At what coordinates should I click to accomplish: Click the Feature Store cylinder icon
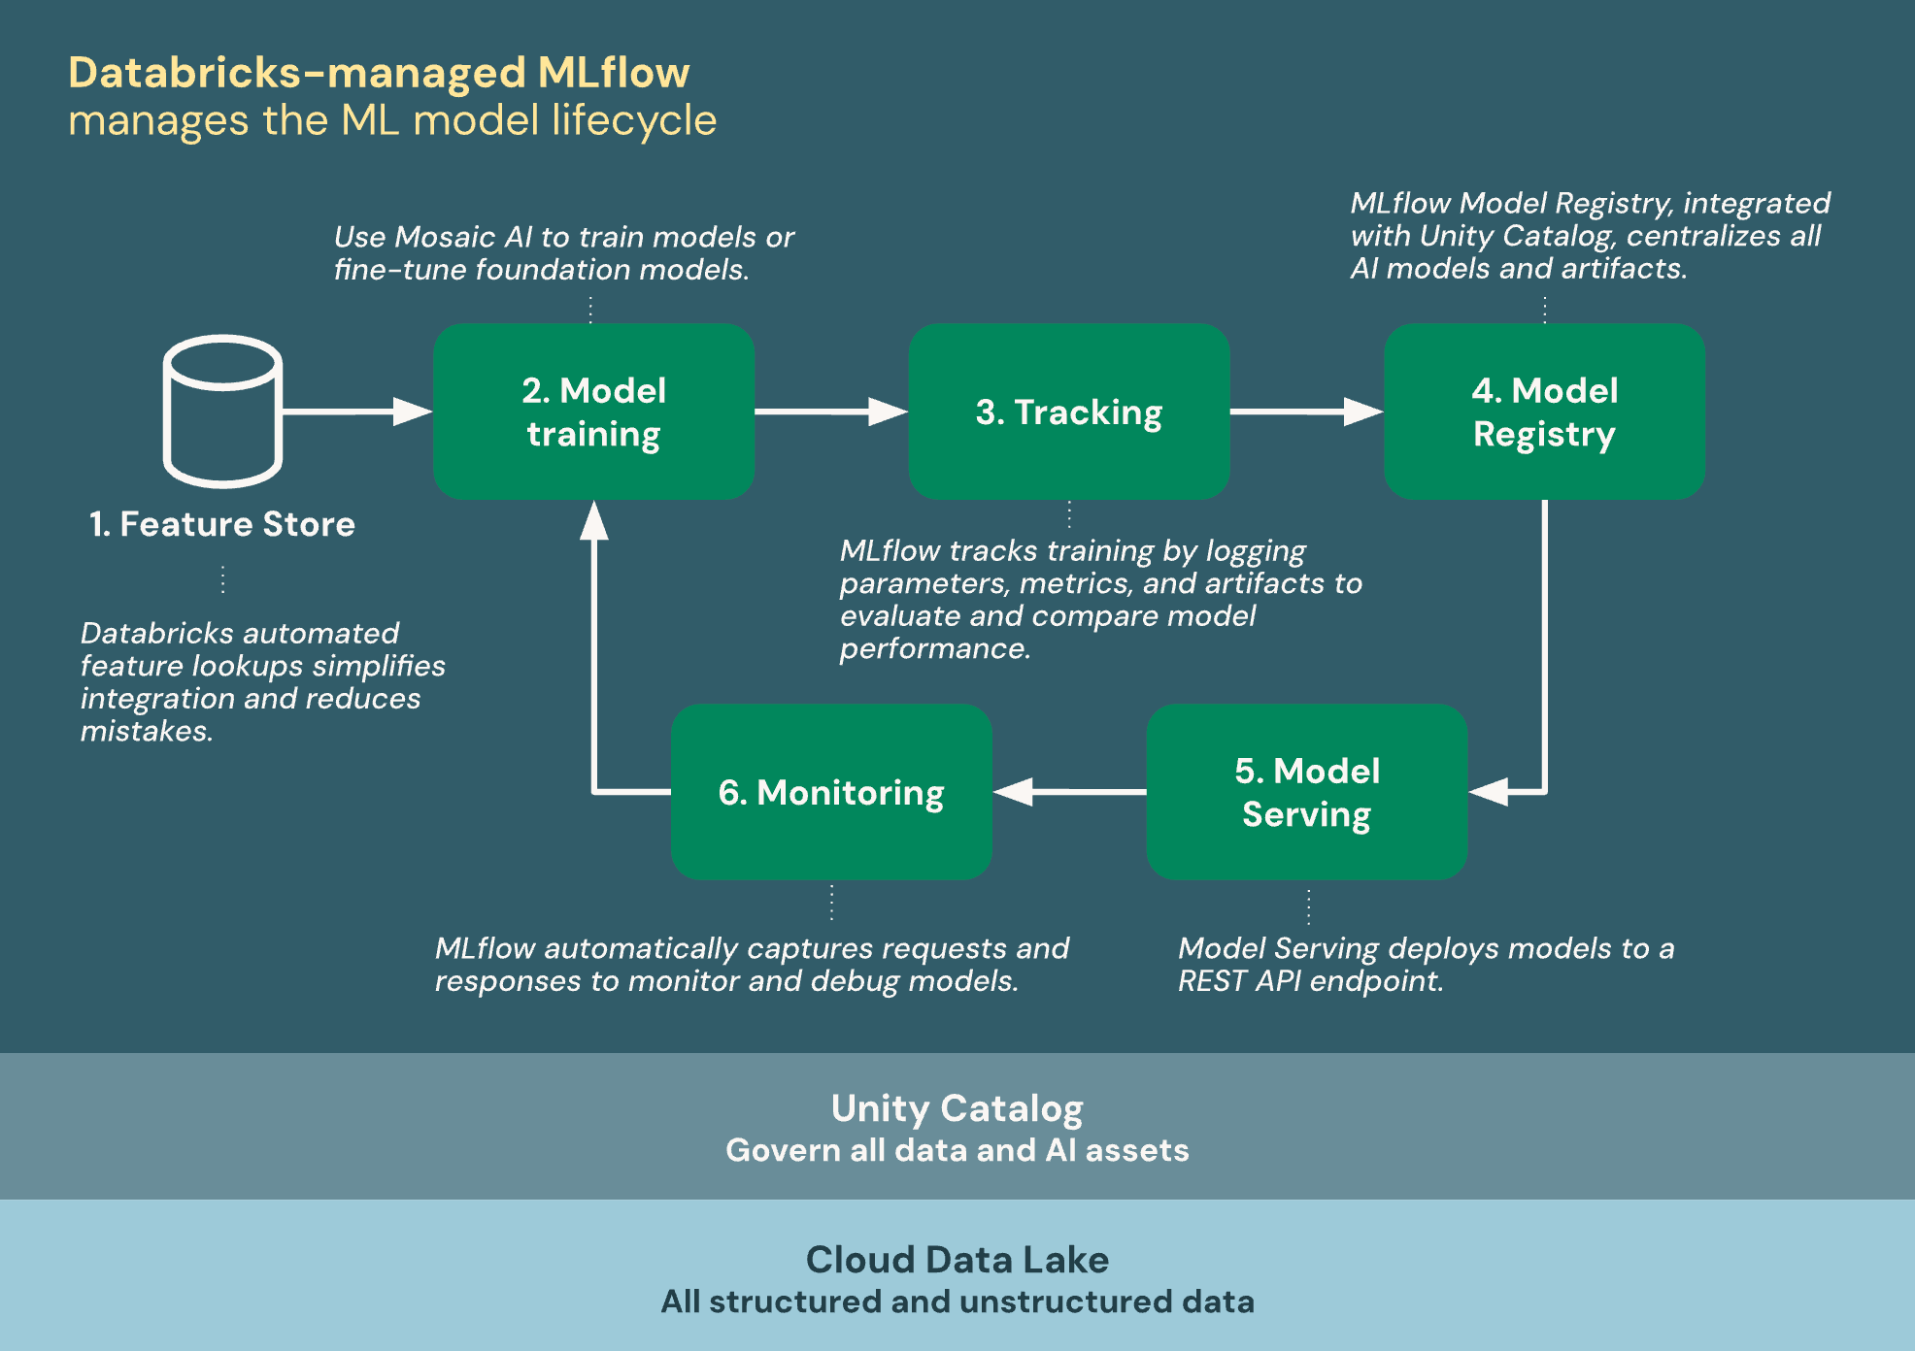click(x=222, y=411)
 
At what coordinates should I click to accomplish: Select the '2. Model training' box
click(x=593, y=412)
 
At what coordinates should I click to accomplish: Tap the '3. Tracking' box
click(x=1068, y=412)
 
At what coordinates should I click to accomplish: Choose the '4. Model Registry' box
click(x=1544, y=412)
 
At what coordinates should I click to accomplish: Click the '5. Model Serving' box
click(x=1306, y=792)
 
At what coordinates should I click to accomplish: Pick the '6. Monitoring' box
click(x=831, y=792)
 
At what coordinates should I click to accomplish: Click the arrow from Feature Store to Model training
click(x=355, y=412)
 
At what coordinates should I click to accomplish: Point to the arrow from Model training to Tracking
click(x=830, y=412)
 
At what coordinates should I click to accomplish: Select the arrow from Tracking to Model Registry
click(x=1305, y=412)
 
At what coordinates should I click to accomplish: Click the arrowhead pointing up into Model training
click(x=593, y=521)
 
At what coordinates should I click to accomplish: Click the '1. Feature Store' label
click(x=222, y=524)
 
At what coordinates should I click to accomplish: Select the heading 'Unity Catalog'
click(x=957, y=1108)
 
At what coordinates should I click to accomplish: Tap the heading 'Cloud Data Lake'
click(x=957, y=1260)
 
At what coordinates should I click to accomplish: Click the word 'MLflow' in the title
click(x=613, y=73)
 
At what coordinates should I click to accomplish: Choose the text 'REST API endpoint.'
click(x=1310, y=981)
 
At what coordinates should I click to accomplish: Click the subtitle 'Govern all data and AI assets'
click(x=957, y=1150)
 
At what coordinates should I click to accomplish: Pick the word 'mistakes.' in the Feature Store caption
click(x=147, y=731)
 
